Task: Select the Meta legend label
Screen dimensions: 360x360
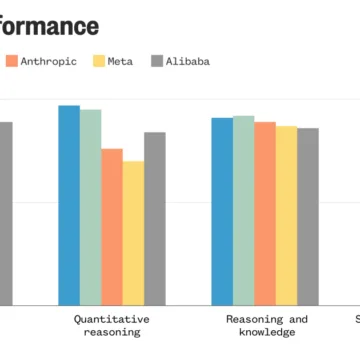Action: (120, 61)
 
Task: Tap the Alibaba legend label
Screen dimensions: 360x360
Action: (187, 61)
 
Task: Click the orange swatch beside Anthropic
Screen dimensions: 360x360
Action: (12, 61)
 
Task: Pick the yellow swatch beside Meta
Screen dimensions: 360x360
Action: (98, 61)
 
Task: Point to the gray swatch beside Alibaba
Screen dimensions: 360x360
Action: (157, 61)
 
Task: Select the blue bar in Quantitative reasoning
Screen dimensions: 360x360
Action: (69, 205)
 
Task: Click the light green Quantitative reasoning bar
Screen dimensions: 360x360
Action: (90, 207)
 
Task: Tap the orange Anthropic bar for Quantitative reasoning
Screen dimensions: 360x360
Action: (112, 227)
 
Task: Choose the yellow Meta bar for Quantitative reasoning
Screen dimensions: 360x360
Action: (133, 233)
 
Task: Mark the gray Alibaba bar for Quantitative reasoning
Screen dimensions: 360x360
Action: (155, 218)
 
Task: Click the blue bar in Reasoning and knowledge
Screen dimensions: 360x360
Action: (222, 211)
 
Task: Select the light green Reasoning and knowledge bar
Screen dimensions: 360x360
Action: (243, 210)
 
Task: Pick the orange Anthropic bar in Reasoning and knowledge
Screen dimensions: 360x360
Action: (265, 213)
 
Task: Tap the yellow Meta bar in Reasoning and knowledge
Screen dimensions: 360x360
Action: (286, 215)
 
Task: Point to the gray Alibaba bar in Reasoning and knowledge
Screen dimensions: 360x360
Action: (308, 216)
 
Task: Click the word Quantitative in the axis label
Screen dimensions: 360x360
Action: (112, 319)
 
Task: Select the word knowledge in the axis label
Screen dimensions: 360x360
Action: (267, 332)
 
